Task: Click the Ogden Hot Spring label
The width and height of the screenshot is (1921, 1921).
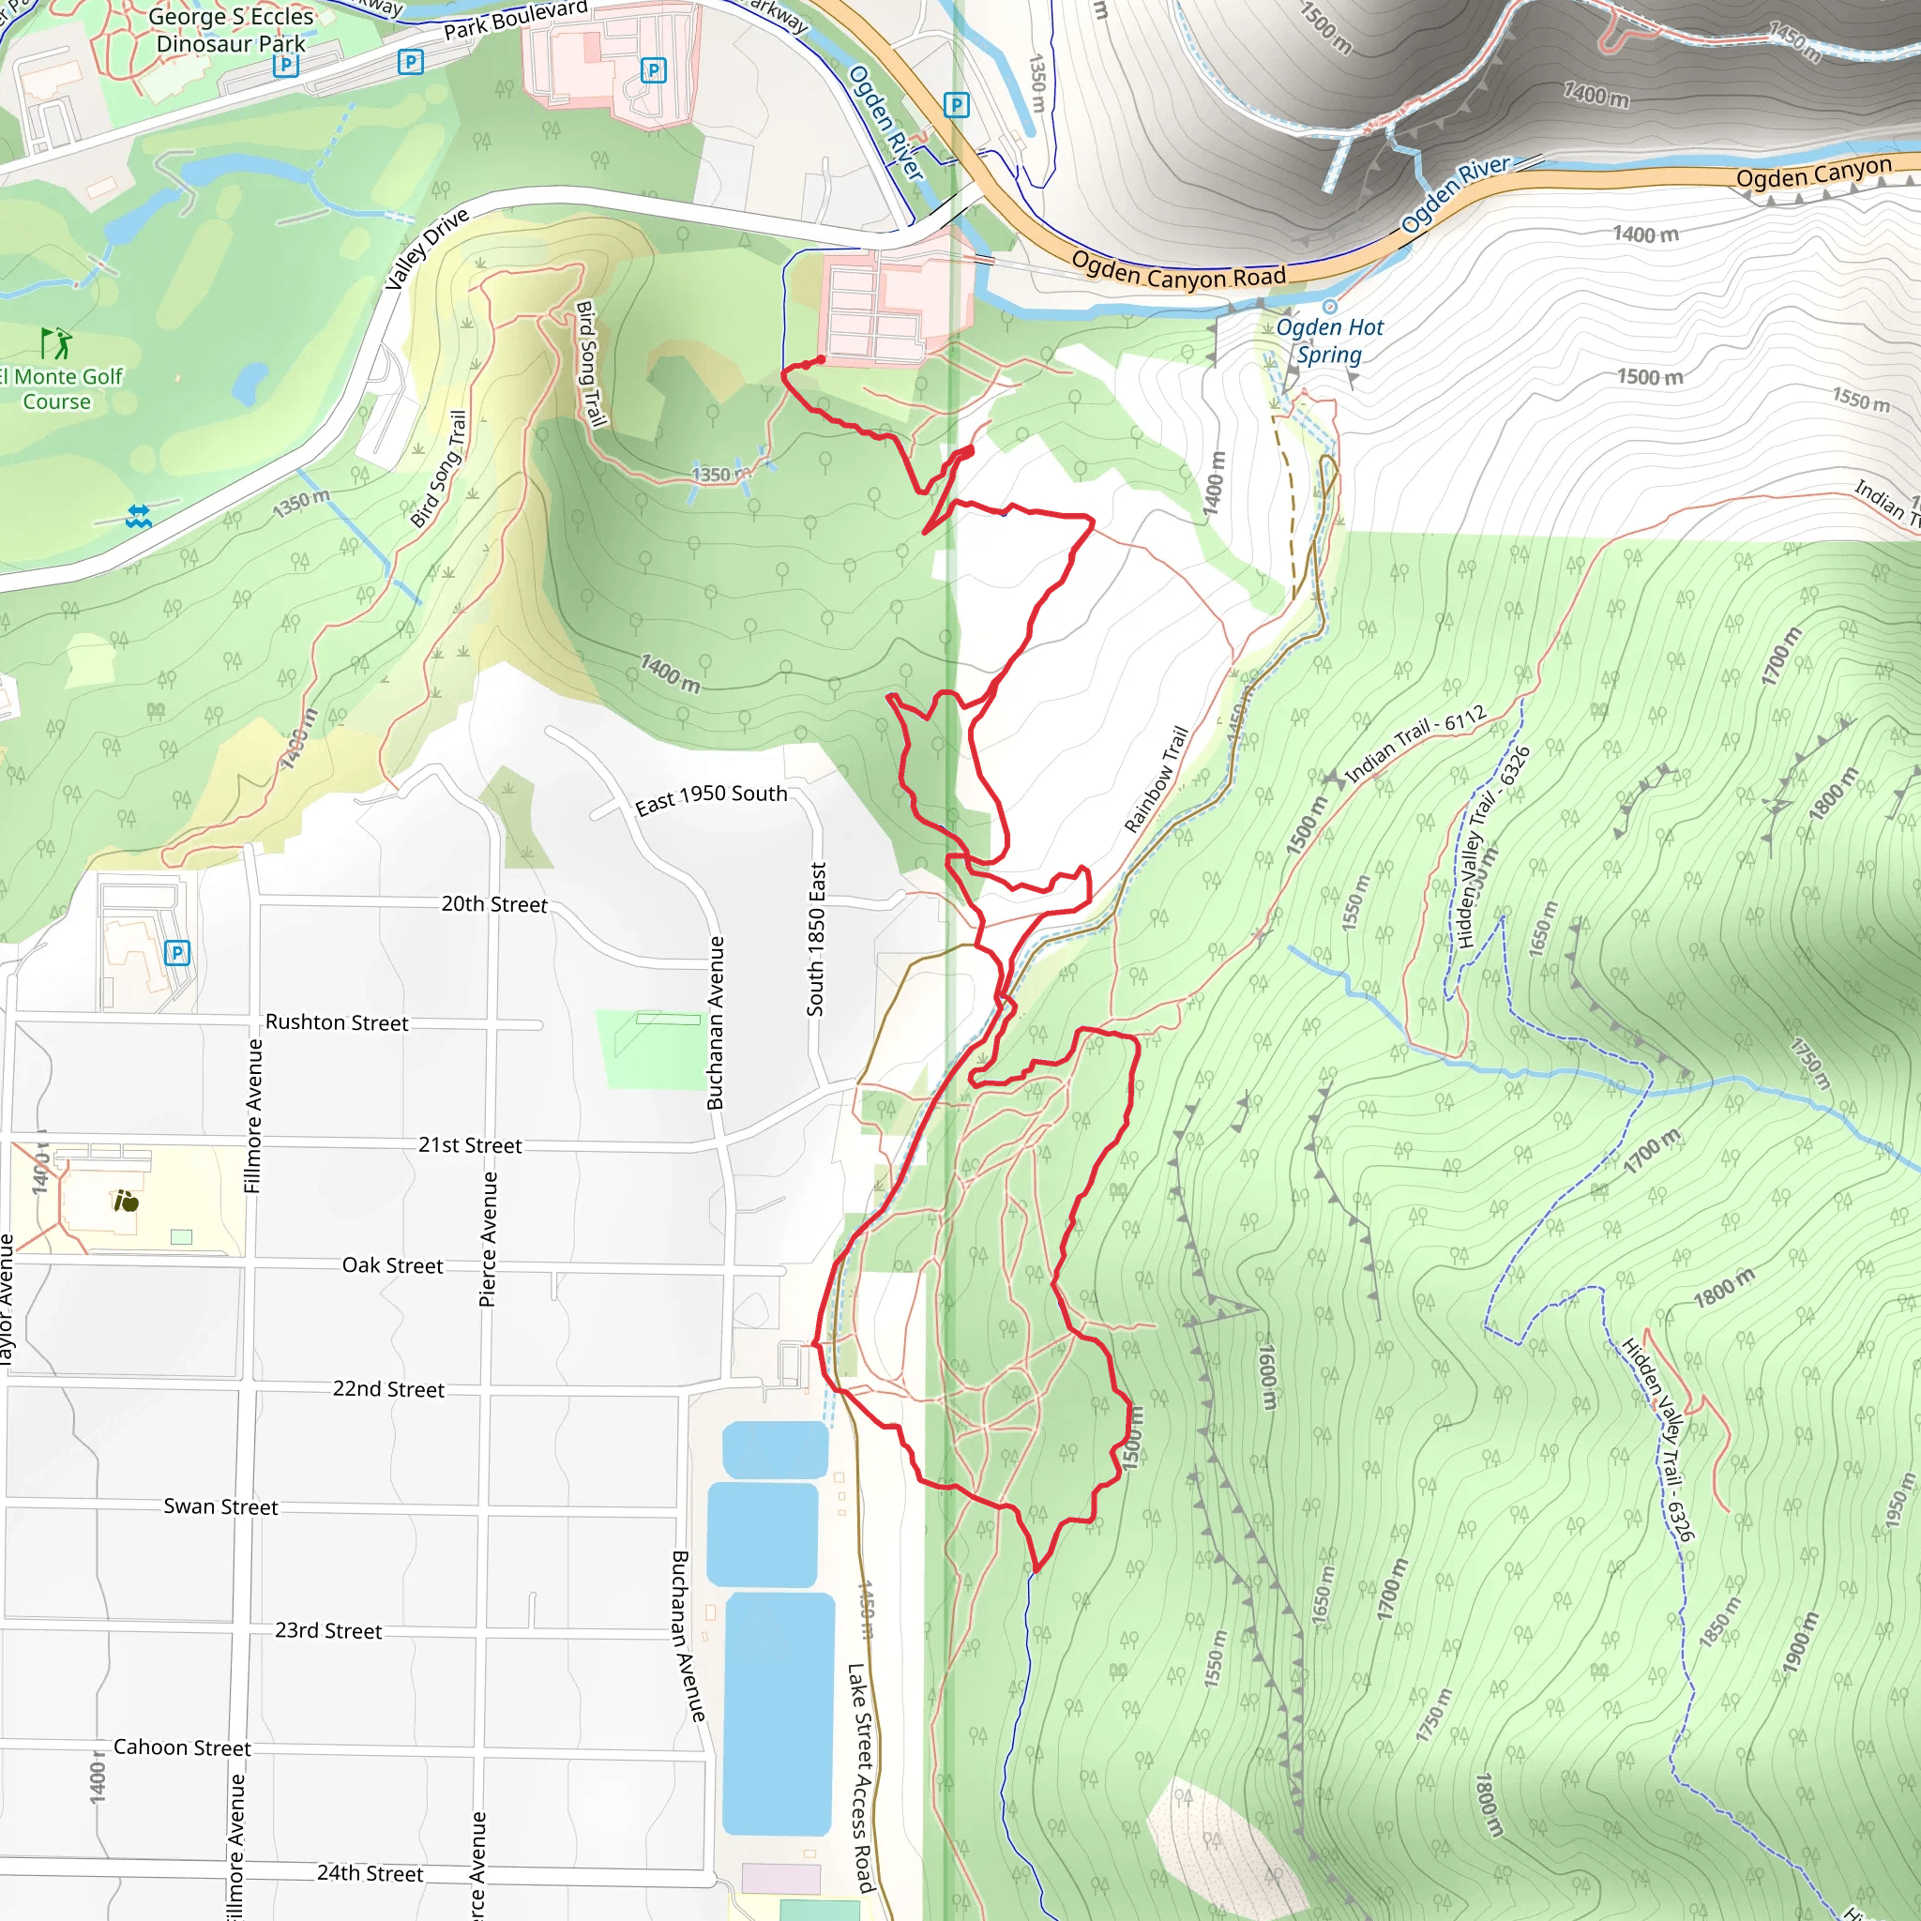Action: tap(1328, 341)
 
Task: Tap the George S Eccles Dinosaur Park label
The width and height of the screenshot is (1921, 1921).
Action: tap(231, 31)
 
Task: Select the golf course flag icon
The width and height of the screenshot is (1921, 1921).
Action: tap(56, 343)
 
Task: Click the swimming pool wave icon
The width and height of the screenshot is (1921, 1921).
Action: tap(138, 516)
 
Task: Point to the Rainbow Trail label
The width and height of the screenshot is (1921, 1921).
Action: tap(1156, 780)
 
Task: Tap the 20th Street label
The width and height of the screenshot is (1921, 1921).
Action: tap(494, 904)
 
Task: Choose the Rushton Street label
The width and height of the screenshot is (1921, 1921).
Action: tap(336, 1022)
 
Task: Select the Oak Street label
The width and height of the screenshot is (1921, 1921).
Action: tap(393, 1264)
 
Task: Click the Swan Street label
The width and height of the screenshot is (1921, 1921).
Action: tap(220, 1506)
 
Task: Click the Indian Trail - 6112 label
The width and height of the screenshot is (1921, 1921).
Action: tap(1415, 744)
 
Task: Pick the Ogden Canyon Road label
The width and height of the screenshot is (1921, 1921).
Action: tap(1178, 270)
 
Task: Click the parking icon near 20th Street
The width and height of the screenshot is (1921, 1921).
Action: tap(177, 954)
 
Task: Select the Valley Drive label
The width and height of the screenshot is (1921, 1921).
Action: tap(427, 249)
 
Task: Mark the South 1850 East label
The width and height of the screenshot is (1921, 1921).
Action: tap(816, 939)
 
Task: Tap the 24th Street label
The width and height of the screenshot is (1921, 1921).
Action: tap(370, 1873)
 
